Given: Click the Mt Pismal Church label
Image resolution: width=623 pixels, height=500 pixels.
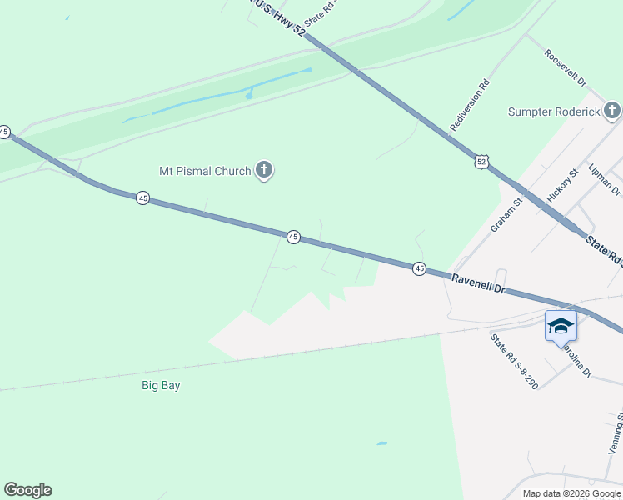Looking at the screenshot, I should pos(205,171).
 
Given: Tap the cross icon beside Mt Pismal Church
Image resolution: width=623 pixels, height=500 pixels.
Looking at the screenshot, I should pos(264,171).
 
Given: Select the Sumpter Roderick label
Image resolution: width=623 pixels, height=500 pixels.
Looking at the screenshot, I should pos(554,112).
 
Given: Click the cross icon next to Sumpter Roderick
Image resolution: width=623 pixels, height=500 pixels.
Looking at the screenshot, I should pos(612,111).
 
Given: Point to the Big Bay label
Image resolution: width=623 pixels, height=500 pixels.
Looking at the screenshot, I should pos(161,386).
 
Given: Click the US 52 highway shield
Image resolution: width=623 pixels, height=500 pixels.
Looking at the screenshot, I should pos(481,162).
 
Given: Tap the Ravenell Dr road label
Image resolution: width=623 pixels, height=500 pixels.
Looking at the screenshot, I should pos(479,284).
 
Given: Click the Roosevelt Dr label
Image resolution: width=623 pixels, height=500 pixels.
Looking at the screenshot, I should pos(566,69).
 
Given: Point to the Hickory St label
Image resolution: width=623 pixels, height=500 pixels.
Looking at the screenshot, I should pos(562,187).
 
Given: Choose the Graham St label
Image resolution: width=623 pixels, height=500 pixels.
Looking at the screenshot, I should pos(506,214).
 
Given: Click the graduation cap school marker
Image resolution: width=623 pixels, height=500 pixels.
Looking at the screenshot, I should pos(561,325).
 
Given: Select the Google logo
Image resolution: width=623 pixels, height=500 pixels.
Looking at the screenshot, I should pos(27,490).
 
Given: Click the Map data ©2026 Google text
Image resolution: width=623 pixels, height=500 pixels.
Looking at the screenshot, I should pos(571,493).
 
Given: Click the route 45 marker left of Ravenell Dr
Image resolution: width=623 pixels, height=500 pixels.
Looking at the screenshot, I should pos(419,267).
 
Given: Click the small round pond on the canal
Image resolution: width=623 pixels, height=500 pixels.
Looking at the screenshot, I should pos(249,96).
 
